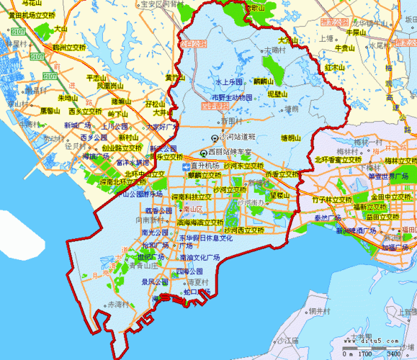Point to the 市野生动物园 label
(x=232, y=96)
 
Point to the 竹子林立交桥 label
(x=331, y=199)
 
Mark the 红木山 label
(x=335, y=68)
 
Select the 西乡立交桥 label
(x=85, y=112)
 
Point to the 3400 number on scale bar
(x=395, y=354)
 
